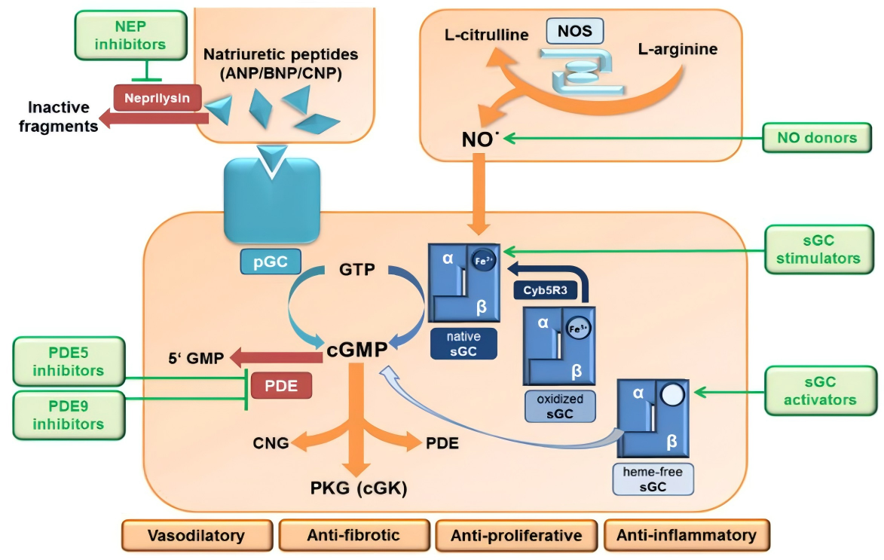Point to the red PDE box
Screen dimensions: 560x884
pyautogui.click(x=280, y=385)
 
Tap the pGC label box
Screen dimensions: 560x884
pyautogui.click(x=271, y=261)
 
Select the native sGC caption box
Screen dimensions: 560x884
pyautogui.click(x=463, y=344)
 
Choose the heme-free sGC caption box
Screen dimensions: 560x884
pyautogui.click(x=653, y=479)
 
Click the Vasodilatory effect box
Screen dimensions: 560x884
pyautogui.click(x=196, y=535)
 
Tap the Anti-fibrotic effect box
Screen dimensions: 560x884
pyautogui.click(x=353, y=535)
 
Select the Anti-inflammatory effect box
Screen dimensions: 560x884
pyautogui.click(x=686, y=535)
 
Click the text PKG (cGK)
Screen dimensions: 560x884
pyautogui.click(x=359, y=489)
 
